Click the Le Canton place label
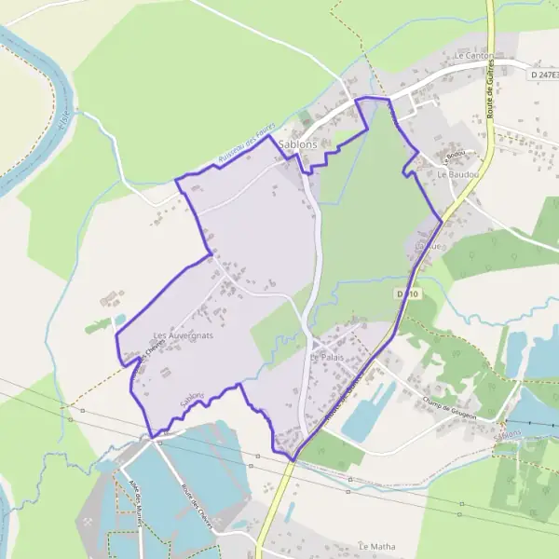click(473, 56)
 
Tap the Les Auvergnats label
click(184, 334)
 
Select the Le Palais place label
click(327, 357)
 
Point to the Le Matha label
click(377, 546)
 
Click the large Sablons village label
click(298, 145)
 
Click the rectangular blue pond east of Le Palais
click(368, 411)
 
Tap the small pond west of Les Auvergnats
click(119, 320)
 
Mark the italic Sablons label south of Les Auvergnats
click(192, 398)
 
